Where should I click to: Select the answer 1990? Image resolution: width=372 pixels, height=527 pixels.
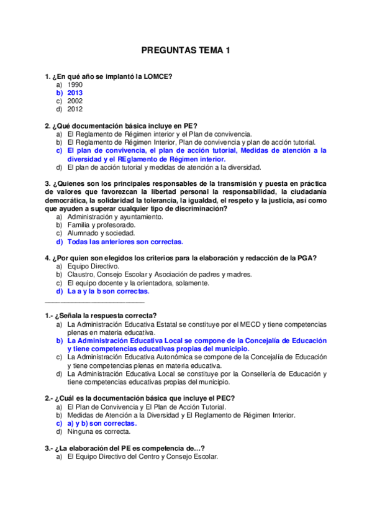tap(75, 85)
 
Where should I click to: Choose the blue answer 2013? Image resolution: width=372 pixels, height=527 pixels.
tap(75, 93)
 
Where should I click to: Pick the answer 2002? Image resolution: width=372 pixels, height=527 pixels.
tap(75, 101)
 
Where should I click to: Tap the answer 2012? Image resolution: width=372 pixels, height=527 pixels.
tap(75, 109)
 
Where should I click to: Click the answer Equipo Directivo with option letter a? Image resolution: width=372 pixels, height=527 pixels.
tap(93, 266)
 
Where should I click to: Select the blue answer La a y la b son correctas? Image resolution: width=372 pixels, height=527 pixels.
tap(108, 290)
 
